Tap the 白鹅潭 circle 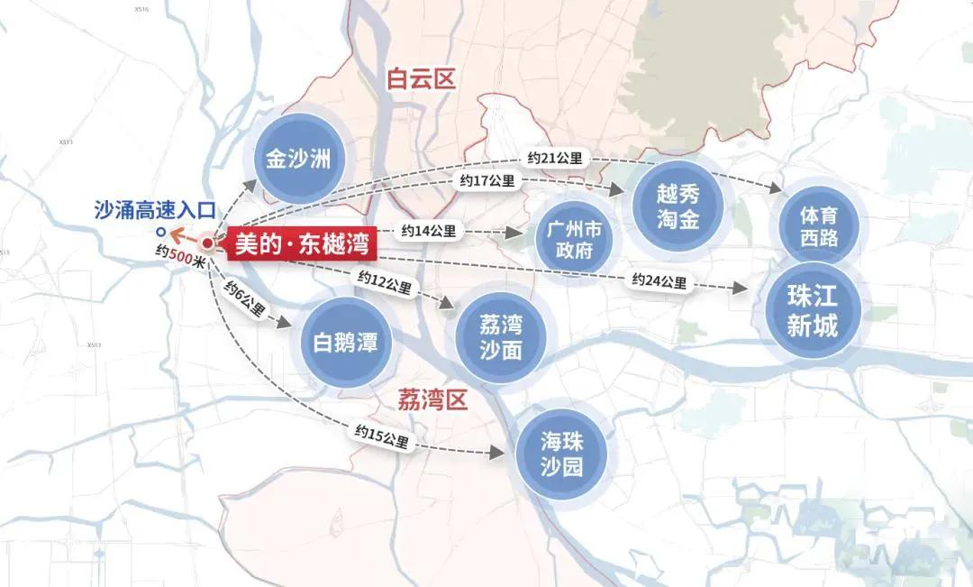pyautogui.click(x=345, y=342)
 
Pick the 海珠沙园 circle pyautogui.click(x=561, y=454)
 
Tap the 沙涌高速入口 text pyautogui.click(x=155, y=211)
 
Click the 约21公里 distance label pyautogui.click(x=554, y=159)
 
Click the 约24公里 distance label pyautogui.click(x=659, y=281)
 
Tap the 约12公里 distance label pyautogui.click(x=384, y=284)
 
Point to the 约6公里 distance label pyautogui.click(x=244, y=300)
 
